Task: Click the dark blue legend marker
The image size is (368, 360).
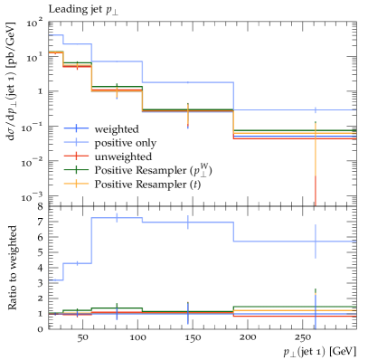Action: tap(76, 128)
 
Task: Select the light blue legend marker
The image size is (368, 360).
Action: tap(76, 142)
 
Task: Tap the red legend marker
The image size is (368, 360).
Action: tap(76, 156)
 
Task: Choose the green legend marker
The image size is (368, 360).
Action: tap(76, 170)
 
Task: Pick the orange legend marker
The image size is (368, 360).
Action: tap(76, 184)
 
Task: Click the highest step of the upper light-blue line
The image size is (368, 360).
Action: tap(55, 35)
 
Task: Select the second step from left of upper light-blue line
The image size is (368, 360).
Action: tap(77, 44)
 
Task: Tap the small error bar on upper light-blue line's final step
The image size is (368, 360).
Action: tap(316, 109)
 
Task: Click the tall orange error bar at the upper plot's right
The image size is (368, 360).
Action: tap(316, 149)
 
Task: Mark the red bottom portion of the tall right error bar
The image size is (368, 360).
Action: tap(316, 192)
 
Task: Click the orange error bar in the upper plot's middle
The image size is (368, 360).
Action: tap(188, 113)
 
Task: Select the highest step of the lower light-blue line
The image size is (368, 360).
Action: tap(117, 218)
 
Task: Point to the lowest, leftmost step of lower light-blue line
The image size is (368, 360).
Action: tap(55, 280)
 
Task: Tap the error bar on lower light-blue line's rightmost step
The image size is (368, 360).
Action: tap(316, 242)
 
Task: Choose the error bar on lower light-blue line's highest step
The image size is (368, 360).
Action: tap(117, 217)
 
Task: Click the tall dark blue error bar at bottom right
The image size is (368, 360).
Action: tap(316, 311)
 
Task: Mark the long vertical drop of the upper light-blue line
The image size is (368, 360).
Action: tap(233, 96)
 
